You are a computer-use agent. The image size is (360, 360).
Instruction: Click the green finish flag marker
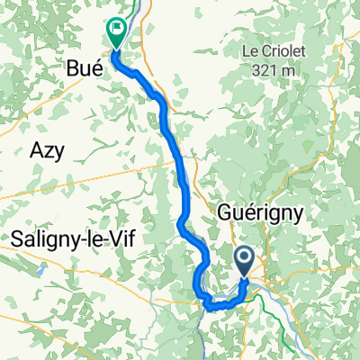tap(117, 33)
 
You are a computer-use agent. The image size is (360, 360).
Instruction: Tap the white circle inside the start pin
tap(247, 258)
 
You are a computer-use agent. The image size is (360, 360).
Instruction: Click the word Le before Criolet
tap(252, 50)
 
